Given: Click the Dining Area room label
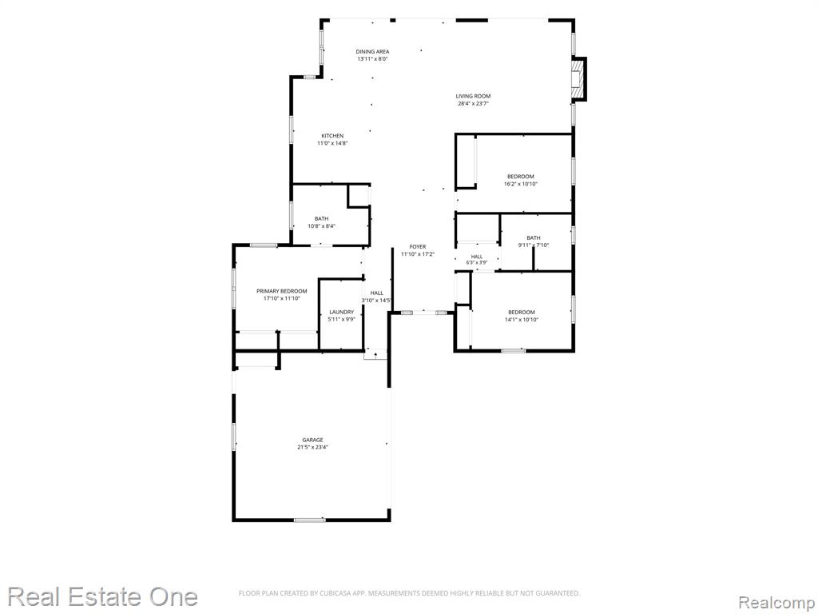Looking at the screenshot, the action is pyautogui.click(x=372, y=52).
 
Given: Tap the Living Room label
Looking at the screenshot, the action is pyautogui.click(x=473, y=96).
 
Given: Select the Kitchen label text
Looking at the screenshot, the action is pyautogui.click(x=332, y=136).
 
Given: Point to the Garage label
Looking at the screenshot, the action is pyautogui.click(x=312, y=440).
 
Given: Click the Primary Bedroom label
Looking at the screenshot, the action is pyautogui.click(x=282, y=291).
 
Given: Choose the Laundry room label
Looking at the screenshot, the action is pyautogui.click(x=342, y=313).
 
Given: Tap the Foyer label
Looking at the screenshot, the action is pyautogui.click(x=417, y=246).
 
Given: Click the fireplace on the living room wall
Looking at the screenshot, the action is pyautogui.click(x=578, y=78).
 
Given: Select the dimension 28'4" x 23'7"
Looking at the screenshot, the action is pyautogui.click(x=473, y=103).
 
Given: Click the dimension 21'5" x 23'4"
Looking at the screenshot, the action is pyautogui.click(x=312, y=447).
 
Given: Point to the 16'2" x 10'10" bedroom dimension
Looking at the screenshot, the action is pyautogui.click(x=521, y=184).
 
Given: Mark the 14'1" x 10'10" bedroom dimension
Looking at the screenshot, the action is pyautogui.click(x=521, y=320).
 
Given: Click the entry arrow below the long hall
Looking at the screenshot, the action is pyautogui.click(x=375, y=355).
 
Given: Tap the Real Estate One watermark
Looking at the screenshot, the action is pyautogui.click(x=103, y=596).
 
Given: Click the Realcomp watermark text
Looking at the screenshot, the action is pyautogui.click(x=776, y=603).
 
